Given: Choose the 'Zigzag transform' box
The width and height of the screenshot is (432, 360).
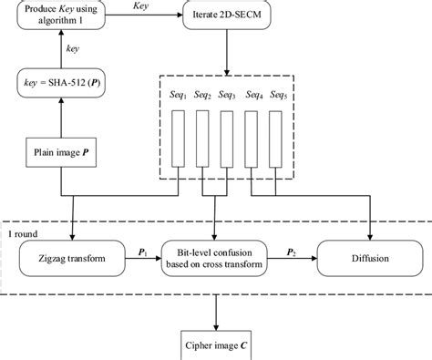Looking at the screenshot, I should pyautogui.click(x=70, y=259).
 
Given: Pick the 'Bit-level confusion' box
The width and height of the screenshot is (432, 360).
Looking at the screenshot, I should pyautogui.click(x=213, y=259).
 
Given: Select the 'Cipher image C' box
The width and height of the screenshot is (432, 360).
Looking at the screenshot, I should pyautogui.click(x=216, y=346).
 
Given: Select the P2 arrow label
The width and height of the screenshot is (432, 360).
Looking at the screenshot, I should pyautogui.click(x=290, y=250).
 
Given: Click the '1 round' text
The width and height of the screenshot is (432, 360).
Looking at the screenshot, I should pyautogui.click(x=21, y=231).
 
